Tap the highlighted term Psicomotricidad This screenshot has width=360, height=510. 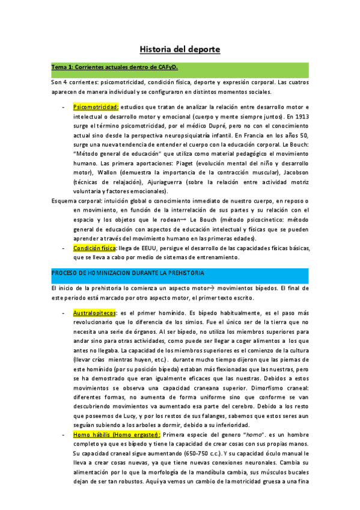95,106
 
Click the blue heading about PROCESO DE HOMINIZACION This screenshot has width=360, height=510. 127,272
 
